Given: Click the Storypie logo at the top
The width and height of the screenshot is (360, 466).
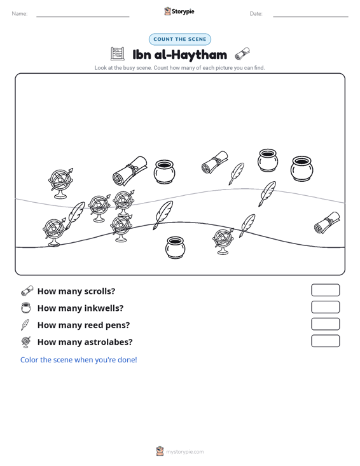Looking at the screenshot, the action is point(179,11).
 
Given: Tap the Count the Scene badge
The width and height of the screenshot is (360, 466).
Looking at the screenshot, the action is point(180,39).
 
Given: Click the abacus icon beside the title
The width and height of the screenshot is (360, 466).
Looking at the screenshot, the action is point(118,54).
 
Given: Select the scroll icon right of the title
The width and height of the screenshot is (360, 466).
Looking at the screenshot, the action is point(242,54).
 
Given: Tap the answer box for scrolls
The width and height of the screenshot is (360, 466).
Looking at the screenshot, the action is point(325,290).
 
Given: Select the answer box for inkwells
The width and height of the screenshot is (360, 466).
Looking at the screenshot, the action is point(325,307).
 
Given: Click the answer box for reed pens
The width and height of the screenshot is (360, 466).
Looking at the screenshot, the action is point(325,324).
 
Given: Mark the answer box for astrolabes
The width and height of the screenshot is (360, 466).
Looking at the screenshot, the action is point(325,341).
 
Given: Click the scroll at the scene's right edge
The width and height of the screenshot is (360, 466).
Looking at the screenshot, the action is point(327,223).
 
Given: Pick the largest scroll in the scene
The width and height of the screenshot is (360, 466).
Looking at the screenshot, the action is point(130,171).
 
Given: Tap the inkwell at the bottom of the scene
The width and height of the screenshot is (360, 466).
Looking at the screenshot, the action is point(175,247).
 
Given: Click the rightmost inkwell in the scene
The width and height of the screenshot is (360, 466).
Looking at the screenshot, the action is point(301,168).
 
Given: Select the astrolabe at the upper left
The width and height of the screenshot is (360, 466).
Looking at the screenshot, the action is point(60,183).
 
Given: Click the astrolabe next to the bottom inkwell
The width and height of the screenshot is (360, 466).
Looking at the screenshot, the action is point(223,242).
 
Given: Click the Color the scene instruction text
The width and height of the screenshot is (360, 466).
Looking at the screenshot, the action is point(78,360).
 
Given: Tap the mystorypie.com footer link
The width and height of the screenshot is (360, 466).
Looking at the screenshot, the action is point(185,452).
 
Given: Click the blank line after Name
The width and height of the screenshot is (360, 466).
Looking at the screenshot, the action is point(83,17).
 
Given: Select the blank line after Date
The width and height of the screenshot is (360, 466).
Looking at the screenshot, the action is point(310,17).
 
